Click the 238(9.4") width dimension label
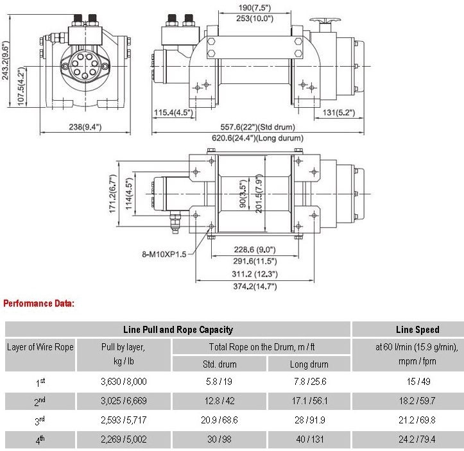(x=85, y=127)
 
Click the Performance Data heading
(x=39, y=302)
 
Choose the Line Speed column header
(x=417, y=329)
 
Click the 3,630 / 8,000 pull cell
(x=124, y=381)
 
